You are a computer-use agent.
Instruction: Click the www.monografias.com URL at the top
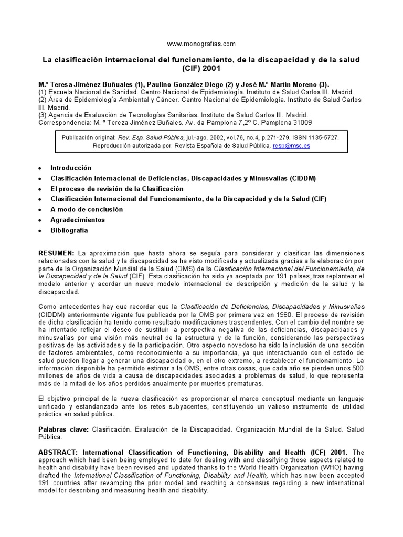pos(201,44)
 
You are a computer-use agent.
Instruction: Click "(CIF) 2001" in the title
pos(201,68)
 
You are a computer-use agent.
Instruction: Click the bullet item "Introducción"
pos(71,168)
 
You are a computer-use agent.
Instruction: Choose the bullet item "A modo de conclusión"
pos(87,209)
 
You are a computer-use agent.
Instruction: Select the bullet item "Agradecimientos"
pos(78,220)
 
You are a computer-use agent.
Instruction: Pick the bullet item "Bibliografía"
pos(69,230)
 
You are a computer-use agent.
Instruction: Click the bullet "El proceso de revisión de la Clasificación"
pos(117,189)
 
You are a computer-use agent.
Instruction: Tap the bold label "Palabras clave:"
pos(64,429)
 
